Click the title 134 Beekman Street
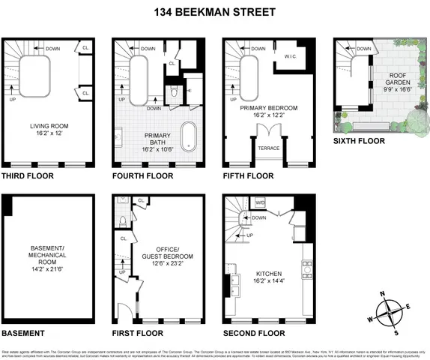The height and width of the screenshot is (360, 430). point(214,11)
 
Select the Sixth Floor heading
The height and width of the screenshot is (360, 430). point(360,141)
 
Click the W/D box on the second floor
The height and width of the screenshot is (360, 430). point(260,202)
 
